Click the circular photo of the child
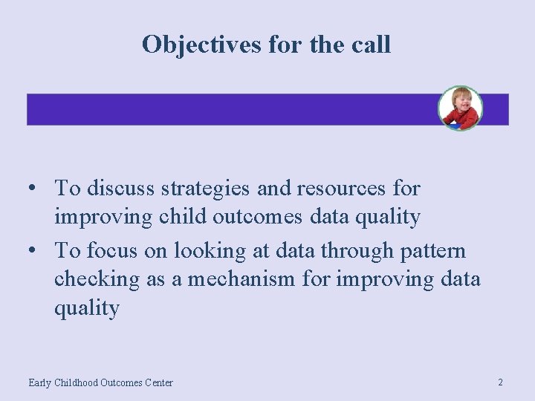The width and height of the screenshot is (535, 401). [x=460, y=108]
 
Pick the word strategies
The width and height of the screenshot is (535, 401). [x=204, y=189]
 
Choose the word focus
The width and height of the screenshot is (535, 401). [x=114, y=251]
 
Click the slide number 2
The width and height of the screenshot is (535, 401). [x=500, y=382]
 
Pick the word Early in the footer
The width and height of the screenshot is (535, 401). [x=40, y=383]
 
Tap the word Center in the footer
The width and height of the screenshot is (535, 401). [x=158, y=383]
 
